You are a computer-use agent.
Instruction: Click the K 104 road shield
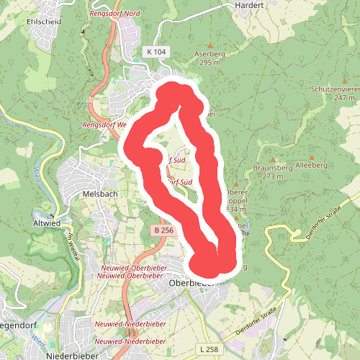[x=155, y=53]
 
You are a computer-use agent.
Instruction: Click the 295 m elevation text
[x=210, y=63]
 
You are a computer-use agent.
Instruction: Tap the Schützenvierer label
[x=335, y=88]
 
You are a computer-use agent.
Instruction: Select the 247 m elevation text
[x=345, y=97]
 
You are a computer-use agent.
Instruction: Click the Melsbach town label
[x=99, y=194]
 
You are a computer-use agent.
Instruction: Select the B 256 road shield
[x=163, y=230]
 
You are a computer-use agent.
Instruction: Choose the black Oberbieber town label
[x=192, y=283]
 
